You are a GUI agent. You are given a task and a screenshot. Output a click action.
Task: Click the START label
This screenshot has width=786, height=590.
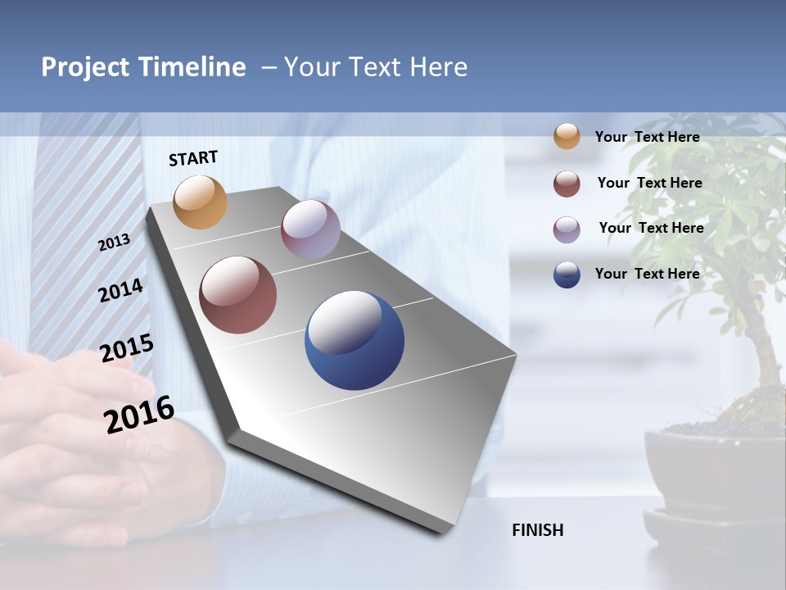(193, 158)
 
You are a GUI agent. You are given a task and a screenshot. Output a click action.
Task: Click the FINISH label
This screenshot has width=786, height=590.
(538, 530)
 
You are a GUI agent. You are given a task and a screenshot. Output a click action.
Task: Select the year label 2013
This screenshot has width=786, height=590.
(114, 243)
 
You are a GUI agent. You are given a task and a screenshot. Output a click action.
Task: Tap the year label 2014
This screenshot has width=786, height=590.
(120, 291)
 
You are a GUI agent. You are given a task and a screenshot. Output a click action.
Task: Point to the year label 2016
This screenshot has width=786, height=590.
(139, 415)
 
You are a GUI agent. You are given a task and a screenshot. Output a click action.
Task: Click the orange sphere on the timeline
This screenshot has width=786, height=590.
(200, 202)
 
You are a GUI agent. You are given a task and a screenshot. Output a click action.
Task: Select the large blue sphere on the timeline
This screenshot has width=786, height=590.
(355, 340)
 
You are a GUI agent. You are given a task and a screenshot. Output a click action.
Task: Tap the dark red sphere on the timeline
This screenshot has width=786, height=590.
(237, 295)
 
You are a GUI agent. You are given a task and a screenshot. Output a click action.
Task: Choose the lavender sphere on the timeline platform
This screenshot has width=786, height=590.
(310, 229)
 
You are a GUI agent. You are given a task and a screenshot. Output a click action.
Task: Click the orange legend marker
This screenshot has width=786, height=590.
(567, 137)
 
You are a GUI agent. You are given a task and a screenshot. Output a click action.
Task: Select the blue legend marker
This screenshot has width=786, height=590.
(567, 275)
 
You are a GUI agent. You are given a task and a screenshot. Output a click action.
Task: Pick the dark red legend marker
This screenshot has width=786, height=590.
(567, 184)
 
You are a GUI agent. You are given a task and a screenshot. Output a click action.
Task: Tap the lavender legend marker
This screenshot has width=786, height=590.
(567, 229)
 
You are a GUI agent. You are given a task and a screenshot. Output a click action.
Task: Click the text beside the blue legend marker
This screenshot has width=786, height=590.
(647, 274)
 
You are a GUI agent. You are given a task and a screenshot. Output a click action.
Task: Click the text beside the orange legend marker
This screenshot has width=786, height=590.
(647, 137)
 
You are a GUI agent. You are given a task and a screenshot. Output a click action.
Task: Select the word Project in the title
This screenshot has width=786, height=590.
(84, 67)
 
